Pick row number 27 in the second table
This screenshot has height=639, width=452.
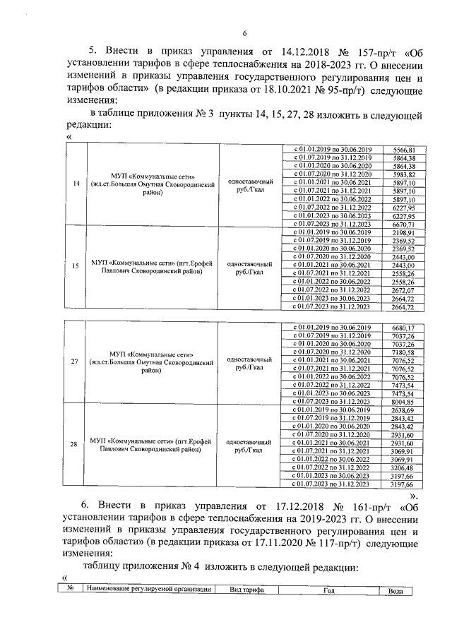click(x=76, y=362)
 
